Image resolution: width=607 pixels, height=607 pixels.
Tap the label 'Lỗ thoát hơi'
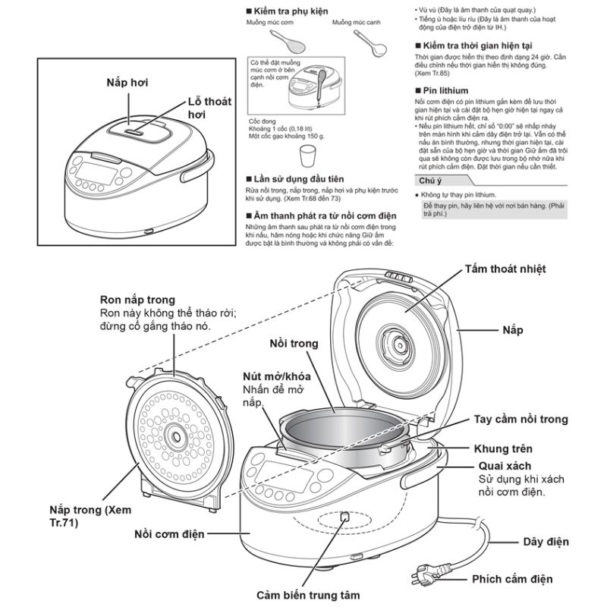point(209,108)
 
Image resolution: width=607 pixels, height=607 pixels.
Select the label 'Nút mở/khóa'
point(278,376)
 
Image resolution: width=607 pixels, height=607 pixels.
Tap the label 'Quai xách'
point(504,466)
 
